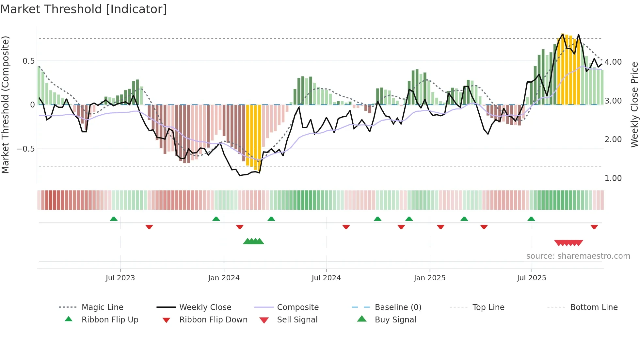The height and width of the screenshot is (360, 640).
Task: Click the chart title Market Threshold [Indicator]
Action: [84, 9]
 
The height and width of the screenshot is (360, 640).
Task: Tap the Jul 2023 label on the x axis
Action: [120, 278]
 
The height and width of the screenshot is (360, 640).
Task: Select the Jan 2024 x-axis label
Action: [224, 278]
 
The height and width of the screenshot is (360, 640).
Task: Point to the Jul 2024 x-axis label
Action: [326, 278]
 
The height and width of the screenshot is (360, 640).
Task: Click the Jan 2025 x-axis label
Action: [429, 278]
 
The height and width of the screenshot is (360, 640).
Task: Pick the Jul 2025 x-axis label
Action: [531, 278]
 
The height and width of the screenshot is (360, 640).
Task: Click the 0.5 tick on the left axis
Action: [28, 61]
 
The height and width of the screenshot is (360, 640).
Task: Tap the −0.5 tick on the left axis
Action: [25, 149]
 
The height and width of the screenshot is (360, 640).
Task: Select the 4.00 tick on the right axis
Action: [613, 62]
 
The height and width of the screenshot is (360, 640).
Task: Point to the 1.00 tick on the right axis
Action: [613, 178]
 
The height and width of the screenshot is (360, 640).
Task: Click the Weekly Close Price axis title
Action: [634, 105]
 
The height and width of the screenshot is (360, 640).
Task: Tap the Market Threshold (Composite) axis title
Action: [5, 105]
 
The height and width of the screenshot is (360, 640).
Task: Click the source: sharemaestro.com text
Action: [578, 256]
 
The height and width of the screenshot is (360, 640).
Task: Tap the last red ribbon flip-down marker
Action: [594, 227]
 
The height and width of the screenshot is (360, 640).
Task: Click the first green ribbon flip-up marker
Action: [114, 219]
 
